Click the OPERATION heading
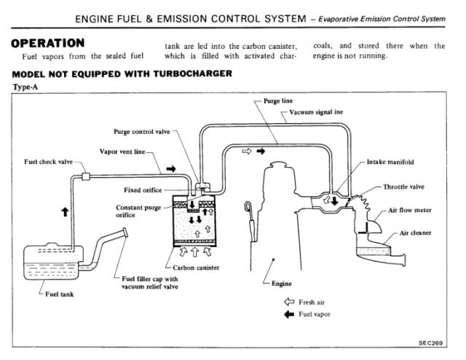50,43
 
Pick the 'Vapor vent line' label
122,152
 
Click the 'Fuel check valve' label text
45,162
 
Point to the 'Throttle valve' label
406,187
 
